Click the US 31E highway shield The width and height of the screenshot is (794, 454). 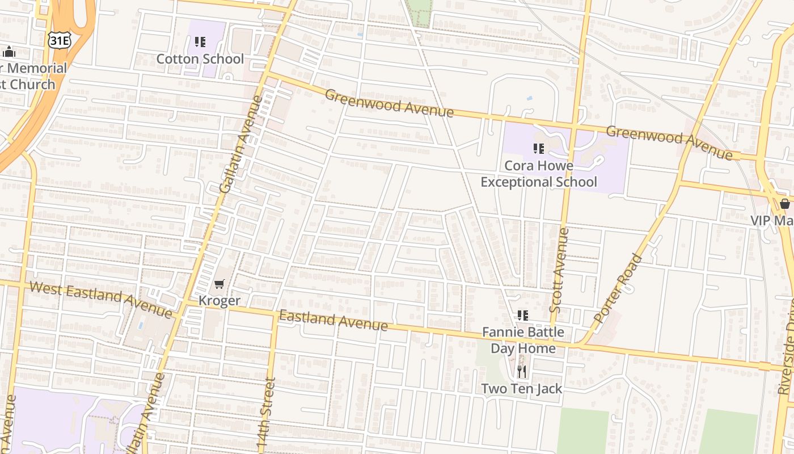[x=58, y=40]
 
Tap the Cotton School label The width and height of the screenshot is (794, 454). [x=200, y=59]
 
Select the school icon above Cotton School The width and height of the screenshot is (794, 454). [x=200, y=42]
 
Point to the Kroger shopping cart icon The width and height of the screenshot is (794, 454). [x=219, y=284]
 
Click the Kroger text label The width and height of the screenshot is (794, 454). [x=219, y=301]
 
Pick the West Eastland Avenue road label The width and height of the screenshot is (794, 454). [x=100, y=299]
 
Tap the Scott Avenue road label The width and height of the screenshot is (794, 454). [x=559, y=270]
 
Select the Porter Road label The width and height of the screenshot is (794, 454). [x=619, y=288]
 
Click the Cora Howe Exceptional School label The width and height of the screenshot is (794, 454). [x=539, y=174]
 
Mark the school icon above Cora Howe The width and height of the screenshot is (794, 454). [x=538, y=149]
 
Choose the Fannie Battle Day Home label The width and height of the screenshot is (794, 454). [x=523, y=340]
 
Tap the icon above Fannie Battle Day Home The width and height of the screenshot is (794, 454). [x=522, y=316]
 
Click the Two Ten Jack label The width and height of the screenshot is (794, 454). [x=522, y=389]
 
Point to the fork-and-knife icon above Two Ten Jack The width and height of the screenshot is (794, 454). [x=522, y=372]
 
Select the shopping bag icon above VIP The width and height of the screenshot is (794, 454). [x=785, y=204]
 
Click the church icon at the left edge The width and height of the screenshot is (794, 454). [x=9, y=52]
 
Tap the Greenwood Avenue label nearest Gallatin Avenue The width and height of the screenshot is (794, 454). [x=389, y=103]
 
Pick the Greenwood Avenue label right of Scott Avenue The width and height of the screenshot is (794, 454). [x=669, y=142]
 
